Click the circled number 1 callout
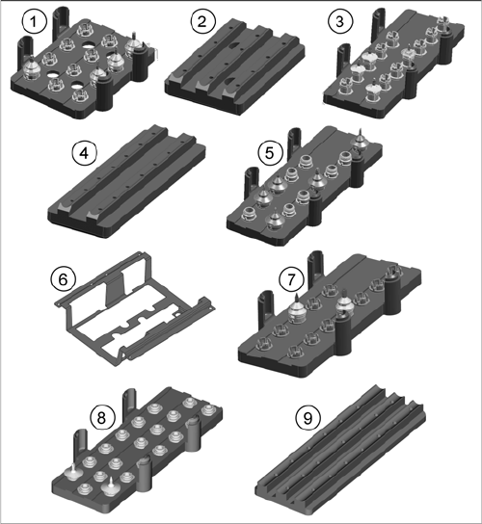tap(34, 21)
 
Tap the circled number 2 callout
tap(203, 21)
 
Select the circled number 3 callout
tap(340, 21)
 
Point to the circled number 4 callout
tap(85, 153)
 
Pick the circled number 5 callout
tap(270, 153)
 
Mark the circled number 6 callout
tap(64, 279)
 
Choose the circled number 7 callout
tap(292, 279)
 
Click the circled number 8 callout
tap(102, 417)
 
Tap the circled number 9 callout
tap(308, 418)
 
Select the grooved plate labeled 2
tap(234, 66)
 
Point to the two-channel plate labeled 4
tap(127, 182)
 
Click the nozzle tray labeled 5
tap(305, 187)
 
